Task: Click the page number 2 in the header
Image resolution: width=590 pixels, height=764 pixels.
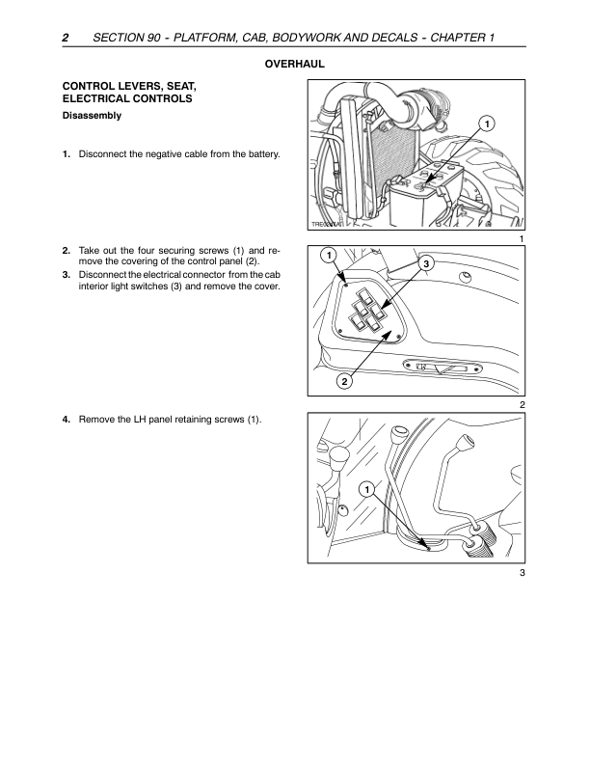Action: (x=66, y=38)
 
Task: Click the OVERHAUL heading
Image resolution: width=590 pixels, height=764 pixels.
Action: (x=294, y=65)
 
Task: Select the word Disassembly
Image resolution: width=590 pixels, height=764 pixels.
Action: (x=92, y=116)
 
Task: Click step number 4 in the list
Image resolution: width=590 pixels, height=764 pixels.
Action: (x=67, y=420)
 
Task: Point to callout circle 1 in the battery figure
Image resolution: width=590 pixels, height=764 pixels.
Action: (x=486, y=123)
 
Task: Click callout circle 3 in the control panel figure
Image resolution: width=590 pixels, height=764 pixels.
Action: (x=426, y=264)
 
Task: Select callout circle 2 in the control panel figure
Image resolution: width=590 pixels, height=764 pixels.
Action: (x=345, y=381)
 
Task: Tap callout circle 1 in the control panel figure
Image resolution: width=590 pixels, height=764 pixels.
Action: (x=329, y=256)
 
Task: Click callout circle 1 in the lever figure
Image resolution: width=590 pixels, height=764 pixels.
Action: (x=366, y=490)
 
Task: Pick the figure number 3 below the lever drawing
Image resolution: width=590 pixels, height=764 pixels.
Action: (x=523, y=573)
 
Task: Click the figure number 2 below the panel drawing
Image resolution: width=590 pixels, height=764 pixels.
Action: (x=523, y=405)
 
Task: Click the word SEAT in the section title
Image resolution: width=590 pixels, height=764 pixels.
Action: (x=181, y=87)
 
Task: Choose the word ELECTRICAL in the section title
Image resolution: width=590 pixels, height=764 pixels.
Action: (x=94, y=99)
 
